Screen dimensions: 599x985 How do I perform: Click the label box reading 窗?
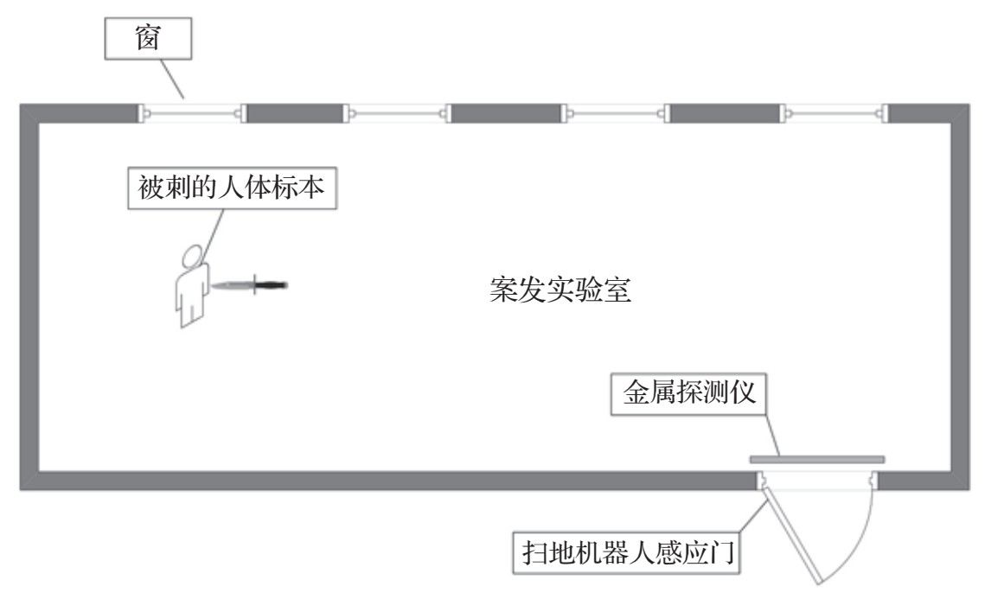click(148, 41)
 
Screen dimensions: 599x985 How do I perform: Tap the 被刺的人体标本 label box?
click(233, 188)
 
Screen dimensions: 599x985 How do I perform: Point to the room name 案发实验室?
click(561, 291)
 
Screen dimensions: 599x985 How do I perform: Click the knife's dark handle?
click(271, 284)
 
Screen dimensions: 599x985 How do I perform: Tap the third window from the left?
click(614, 112)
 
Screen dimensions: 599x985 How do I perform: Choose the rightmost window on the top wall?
click(835, 112)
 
